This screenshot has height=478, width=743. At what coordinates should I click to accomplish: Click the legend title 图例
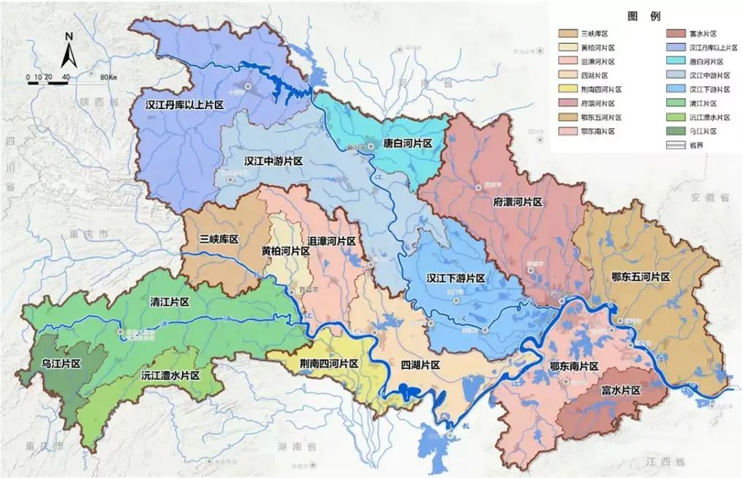click(644, 16)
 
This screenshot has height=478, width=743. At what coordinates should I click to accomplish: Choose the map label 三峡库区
click(219, 239)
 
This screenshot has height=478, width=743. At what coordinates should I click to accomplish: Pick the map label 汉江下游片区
click(456, 279)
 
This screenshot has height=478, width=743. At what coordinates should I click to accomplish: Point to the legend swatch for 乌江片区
click(675, 131)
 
